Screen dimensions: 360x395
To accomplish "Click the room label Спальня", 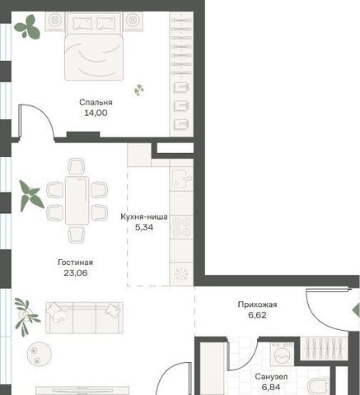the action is pyautogui.click(x=96, y=103).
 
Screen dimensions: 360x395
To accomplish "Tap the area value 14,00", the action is pyautogui.click(x=96, y=113).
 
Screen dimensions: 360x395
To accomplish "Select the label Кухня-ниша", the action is pyautogui.click(x=144, y=216).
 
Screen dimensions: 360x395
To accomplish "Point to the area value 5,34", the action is pyautogui.click(x=144, y=227).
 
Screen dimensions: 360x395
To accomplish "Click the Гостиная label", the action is pyautogui.click(x=76, y=263).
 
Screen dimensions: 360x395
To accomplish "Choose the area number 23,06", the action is pyautogui.click(x=76, y=273).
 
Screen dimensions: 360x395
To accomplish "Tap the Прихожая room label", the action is pyautogui.click(x=257, y=304).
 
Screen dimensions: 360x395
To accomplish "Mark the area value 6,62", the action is pyautogui.click(x=257, y=315).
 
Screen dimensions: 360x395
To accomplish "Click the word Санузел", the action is pyautogui.click(x=271, y=377).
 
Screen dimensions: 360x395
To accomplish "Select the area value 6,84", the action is pyautogui.click(x=271, y=387).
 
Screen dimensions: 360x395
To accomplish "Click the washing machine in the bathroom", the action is pyautogui.click(x=282, y=354).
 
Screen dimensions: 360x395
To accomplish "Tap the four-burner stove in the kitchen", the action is pyautogui.click(x=181, y=227).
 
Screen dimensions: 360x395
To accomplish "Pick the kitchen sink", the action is pyautogui.click(x=181, y=179).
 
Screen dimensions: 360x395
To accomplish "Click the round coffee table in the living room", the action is pyautogui.click(x=40, y=354).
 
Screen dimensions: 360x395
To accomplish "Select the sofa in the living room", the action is pyautogui.click(x=84, y=318).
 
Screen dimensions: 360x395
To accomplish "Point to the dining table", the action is pyautogui.click(x=77, y=201).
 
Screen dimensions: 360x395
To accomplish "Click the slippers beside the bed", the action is pyautogui.click(x=139, y=90).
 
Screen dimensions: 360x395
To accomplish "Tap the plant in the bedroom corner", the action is pyautogui.click(x=27, y=26).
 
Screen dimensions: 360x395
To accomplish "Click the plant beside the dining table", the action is pyautogui.click(x=31, y=196).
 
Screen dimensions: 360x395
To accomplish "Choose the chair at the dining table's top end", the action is pyautogui.click(x=77, y=166).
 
